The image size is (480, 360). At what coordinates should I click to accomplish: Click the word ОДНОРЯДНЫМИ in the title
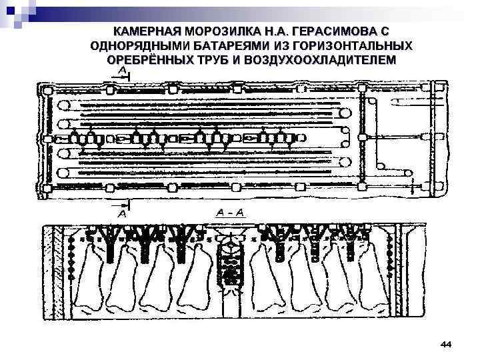137,45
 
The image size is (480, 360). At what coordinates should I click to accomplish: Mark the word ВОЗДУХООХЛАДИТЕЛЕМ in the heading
319,59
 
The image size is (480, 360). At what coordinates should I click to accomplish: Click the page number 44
446,343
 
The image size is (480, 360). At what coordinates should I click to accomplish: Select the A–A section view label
231,213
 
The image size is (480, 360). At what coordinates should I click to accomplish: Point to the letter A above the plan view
123,70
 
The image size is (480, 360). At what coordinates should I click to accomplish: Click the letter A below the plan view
122,215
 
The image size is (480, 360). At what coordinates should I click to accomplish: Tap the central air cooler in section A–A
231,260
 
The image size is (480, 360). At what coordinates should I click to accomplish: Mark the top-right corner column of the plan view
438,86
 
